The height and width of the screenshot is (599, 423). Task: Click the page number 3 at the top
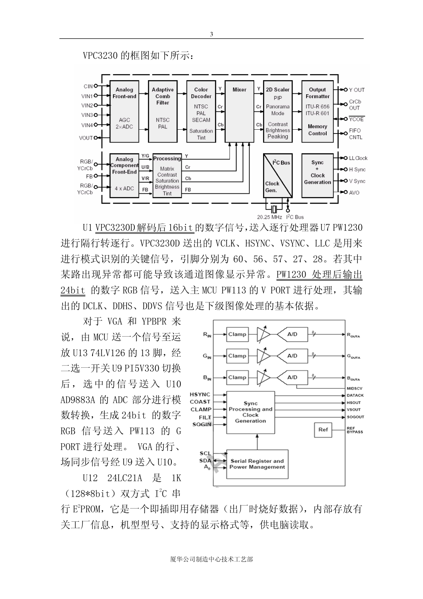pos(211,35)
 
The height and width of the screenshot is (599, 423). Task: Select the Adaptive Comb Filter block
pos(162,111)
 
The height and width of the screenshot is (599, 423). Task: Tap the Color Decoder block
pos(201,111)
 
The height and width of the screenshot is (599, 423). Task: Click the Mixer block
pos(239,111)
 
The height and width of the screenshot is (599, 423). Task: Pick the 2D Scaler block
pos(278,111)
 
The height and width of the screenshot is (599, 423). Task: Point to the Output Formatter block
pos(317,111)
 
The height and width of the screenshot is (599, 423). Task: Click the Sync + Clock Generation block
pos(317,175)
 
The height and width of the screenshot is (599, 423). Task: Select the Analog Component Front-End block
pos(124,175)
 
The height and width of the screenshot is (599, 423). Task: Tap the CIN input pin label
pos(88,87)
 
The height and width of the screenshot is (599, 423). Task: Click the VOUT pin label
pos(86,138)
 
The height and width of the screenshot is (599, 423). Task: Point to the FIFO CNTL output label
pos(355,134)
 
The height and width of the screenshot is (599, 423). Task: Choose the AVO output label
pos(354,192)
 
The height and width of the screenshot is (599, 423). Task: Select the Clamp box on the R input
pos(237,334)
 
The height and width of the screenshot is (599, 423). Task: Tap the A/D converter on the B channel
pos(293,377)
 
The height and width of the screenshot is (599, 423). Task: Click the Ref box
pos(323,430)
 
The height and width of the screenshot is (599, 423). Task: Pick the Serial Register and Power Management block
pos(257,464)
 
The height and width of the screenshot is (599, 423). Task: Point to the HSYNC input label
pos(200,395)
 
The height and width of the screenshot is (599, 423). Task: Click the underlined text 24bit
pos(73,291)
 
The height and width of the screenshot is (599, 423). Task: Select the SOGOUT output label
pos(355,417)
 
